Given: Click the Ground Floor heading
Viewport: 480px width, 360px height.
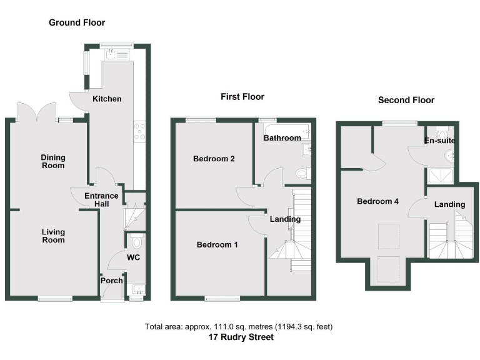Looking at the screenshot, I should point(77,22).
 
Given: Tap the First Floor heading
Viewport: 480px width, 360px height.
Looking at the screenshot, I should point(242,97).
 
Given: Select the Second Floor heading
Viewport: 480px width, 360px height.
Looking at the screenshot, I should point(406,100).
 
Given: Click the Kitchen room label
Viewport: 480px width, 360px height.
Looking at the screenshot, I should point(107,99).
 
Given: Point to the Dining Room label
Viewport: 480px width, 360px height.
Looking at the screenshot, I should point(53,162).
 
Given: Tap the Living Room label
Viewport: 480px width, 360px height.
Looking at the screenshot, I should point(53,236).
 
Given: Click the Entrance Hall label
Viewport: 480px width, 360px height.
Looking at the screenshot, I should point(101,200).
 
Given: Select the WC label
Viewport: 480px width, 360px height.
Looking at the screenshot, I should point(133,257).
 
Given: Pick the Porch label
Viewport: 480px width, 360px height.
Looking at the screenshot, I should point(112,281).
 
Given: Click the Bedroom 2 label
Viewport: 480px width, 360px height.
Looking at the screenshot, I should point(214,159).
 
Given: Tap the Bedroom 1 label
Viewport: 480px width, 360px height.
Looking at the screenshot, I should point(217,244).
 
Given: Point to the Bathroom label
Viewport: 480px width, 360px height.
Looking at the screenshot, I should point(282,137).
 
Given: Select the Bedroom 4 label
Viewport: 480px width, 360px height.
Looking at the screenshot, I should point(378,201).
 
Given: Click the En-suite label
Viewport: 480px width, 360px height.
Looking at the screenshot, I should point(440,141).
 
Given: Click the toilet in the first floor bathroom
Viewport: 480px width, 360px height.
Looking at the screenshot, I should point(301,172).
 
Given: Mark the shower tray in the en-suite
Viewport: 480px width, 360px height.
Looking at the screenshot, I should point(442,176).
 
